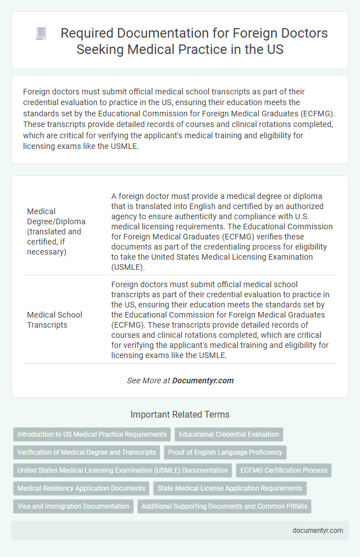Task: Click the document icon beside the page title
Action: coord(41,34)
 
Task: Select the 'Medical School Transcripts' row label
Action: coord(55,319)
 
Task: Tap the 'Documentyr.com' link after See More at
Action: coord(203,381)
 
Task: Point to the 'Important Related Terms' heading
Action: coord(180,414)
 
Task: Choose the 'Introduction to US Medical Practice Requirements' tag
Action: coord(92,434)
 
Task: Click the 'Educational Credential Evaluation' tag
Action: coord(229,434)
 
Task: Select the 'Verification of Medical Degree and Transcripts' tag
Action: coord(87,452)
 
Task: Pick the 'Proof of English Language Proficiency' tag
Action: coord(224,452)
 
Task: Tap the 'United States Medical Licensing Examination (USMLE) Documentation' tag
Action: coord(122,470)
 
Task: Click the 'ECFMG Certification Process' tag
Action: coord(284,470)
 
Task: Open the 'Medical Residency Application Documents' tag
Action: coord(81,488)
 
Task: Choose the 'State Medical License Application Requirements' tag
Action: coord(230,488)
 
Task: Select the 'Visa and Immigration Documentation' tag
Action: coord(74,506)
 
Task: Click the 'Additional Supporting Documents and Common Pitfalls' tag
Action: coord(224,506)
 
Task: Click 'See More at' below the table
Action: coord(148,381)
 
